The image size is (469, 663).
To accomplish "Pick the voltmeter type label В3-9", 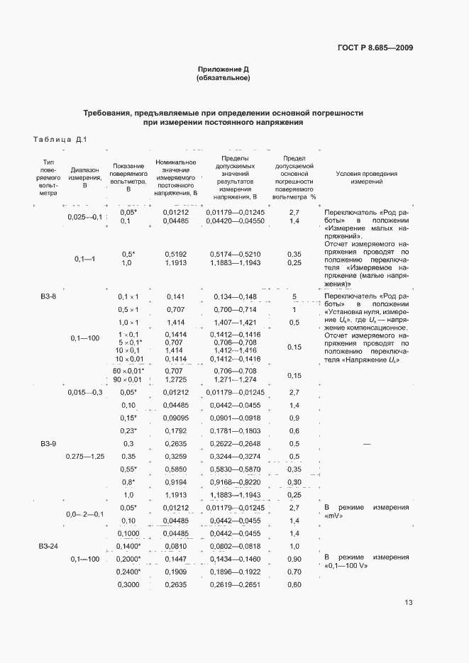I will click(x=49, y=443).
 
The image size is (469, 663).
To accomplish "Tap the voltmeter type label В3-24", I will click(x=49, y=547).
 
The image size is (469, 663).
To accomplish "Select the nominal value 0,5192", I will click(x=175, y=253).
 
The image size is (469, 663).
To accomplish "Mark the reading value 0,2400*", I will click(x=129, y=572).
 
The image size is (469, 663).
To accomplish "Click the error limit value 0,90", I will click(x=294, y=559).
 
